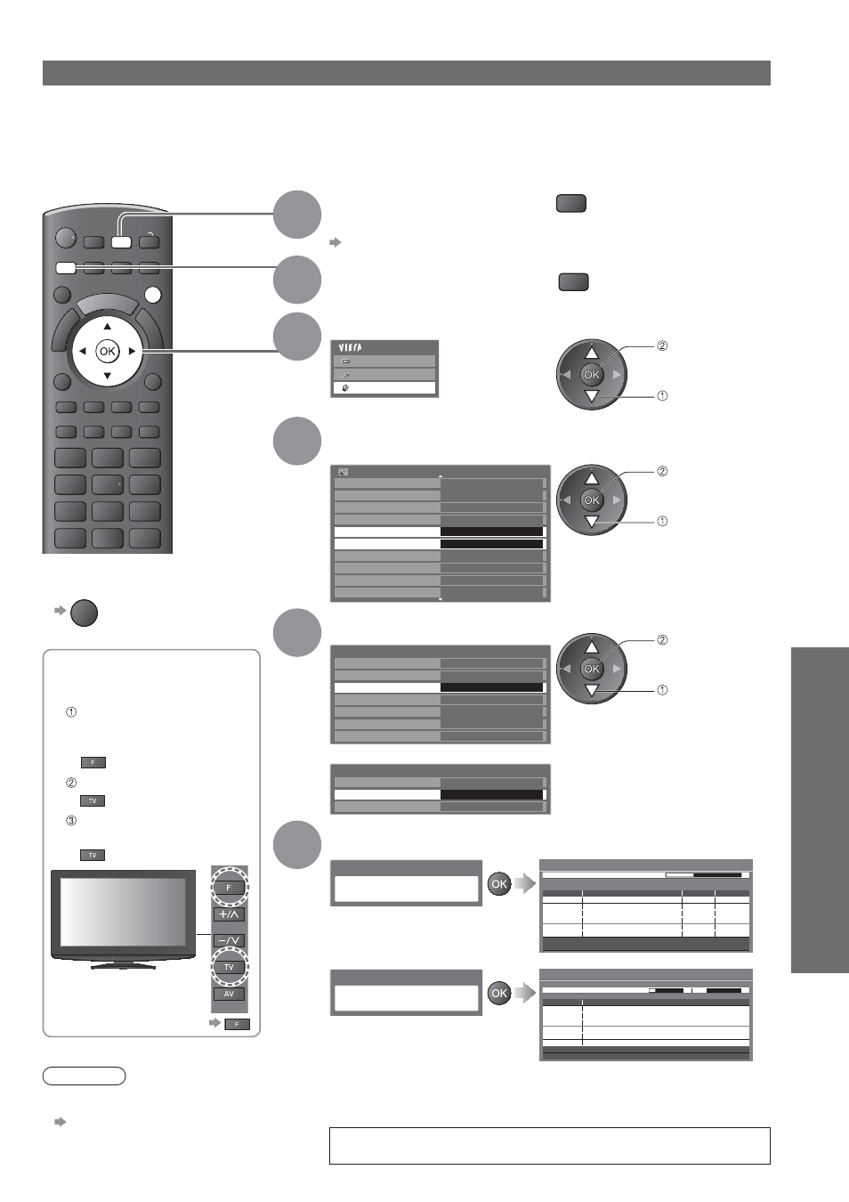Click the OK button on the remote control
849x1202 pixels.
point(108,352)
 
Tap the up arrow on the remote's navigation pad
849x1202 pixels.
point(108,326)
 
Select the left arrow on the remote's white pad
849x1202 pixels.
point(82,352)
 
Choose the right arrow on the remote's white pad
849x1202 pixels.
point(132,352)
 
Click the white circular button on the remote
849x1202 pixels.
point(153,295)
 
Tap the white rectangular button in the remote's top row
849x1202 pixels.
point(121,241)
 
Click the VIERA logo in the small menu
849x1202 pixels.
point(351,348)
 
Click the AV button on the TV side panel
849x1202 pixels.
point(229,994)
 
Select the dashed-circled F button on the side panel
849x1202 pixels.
point(229,888)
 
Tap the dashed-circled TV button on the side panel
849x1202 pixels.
point(229,967)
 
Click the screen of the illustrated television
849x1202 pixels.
point(123,912)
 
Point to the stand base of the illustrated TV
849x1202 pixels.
point(124,966)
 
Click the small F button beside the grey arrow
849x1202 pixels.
point(237,1025)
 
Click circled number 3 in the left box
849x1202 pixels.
point(71,821)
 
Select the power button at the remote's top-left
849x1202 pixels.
point(66,239)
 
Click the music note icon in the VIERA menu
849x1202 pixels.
point(345,374)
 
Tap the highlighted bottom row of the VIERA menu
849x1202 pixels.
point(384,388)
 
